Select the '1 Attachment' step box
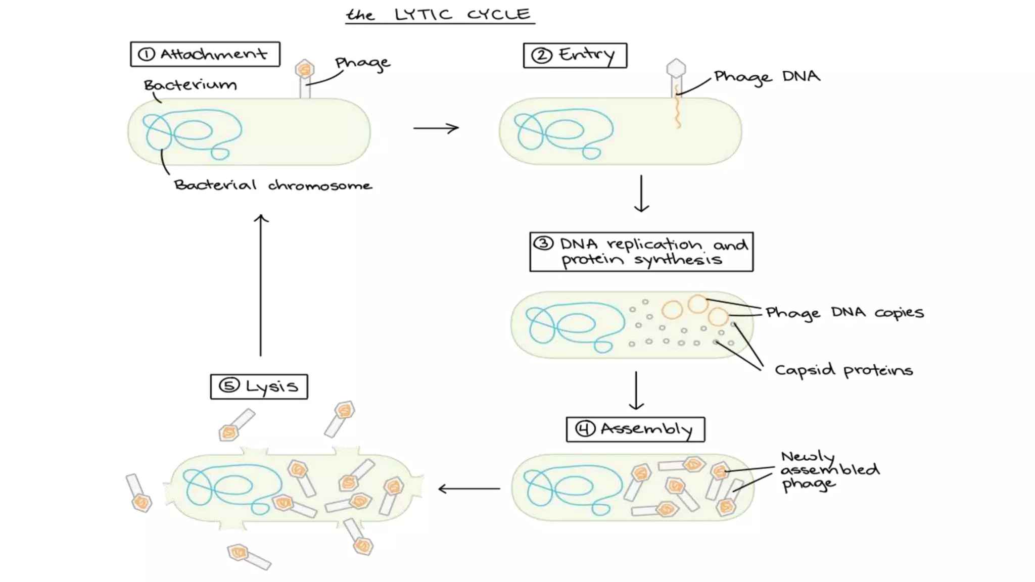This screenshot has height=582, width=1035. click(205, 54)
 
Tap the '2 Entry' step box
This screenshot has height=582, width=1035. click(575, 56)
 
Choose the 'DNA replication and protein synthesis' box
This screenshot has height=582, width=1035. click(641, 252)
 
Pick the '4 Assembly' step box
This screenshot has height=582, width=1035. click(635, 429)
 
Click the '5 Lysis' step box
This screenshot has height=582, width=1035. click(259, 386)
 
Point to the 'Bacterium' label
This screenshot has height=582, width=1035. click(190, 84)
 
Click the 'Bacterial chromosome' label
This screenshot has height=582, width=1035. click(273, 185)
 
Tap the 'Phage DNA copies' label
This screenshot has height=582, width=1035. click(844, 313)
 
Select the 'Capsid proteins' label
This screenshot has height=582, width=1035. click(843, 370)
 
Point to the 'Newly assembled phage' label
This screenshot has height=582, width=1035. click(829, 470)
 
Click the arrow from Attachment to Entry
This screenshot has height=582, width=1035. click(436, 128)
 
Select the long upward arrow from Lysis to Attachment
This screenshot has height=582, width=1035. click(261, 285)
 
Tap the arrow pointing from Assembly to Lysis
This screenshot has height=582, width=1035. click(469, 489)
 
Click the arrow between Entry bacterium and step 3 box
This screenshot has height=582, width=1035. click(641, 193)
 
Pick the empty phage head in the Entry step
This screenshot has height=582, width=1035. click(676, 68)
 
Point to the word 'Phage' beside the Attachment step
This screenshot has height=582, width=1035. click(362, 63)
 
